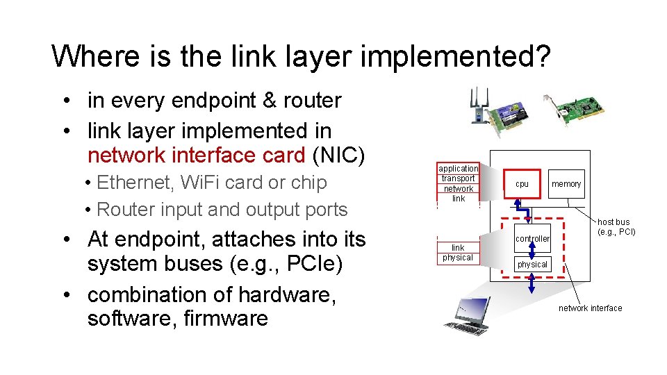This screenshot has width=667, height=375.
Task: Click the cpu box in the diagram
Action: click(522, 184)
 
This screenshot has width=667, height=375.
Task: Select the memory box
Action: click(566, 184)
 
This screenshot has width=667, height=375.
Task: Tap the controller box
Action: click(532, 239)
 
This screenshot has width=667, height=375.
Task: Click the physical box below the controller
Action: click(532, 264)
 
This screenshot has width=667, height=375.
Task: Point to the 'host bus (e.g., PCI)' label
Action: click(616, 227)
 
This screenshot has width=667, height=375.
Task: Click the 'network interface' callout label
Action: click(590, 308)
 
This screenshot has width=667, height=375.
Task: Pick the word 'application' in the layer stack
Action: click(458, 169)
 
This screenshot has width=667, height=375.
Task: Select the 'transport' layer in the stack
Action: click(458, 178)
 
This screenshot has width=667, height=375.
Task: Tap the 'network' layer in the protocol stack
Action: click(458, 189)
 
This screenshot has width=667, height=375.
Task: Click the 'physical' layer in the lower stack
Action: click(458, 258)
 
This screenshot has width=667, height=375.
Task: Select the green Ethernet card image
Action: click(574, 110)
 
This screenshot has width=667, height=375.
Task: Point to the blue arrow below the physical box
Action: click(532, 283)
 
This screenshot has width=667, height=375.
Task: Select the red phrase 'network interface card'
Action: click(196, 155)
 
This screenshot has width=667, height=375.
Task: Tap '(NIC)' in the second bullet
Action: click(338, 155)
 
